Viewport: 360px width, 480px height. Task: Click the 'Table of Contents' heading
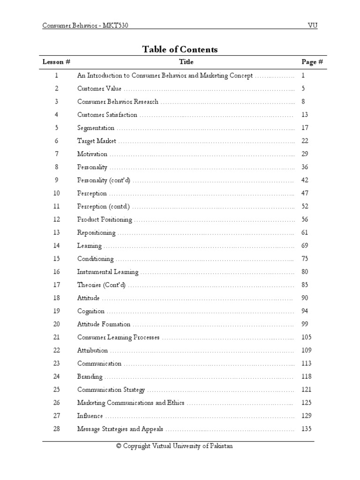click(x=180, y=50)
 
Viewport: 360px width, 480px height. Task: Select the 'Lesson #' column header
click(x=56, y=62)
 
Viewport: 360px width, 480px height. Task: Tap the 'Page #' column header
click(x=312, y=62)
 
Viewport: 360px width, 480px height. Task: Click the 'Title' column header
click(x=186, y=62)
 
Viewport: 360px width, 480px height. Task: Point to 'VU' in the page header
click(x=312, y=25)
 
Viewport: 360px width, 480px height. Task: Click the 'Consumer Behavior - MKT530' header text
click(x=85, y=25)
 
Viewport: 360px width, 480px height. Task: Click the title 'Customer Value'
click(x=99, y=89)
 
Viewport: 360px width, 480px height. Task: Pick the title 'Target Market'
click(x=97, y=141)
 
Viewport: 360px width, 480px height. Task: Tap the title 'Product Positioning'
click(x=105, y=219)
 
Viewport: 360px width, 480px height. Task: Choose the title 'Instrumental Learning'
click(x=108, y=272)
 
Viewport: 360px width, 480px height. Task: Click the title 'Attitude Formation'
click(x=104, y=324)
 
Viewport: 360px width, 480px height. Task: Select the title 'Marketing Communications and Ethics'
click(x=131, y=403)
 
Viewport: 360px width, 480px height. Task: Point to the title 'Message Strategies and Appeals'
click(x=120, y=429)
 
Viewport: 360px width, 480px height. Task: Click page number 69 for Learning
click(x=305, y=246)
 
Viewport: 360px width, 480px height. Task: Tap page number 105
click(x=307, y=337)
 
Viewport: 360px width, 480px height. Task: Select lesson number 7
click(x=56, y=154)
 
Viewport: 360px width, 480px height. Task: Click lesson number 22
click(x=56, y=351)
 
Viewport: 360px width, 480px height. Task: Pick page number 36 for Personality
click(x=305, y=167)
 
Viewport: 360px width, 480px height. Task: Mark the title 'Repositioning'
click(x=96, y=232)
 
